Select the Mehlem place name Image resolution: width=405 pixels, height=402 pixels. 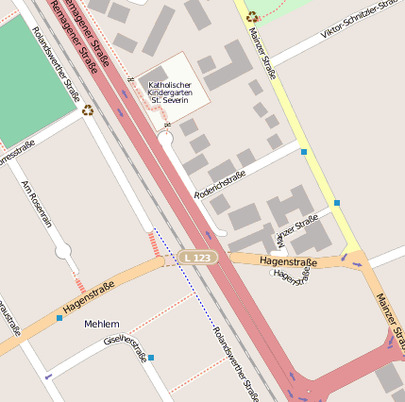point(102,324)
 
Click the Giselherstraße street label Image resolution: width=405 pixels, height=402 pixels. point(127,349)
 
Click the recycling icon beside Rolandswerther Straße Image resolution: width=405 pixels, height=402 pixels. point(88,110)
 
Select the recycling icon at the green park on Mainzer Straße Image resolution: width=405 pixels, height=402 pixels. point(252,16)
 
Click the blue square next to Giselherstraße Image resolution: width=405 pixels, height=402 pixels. point(151,358)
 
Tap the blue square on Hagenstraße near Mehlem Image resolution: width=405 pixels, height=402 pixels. point(59,318)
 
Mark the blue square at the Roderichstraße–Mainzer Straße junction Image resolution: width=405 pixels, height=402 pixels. point(304,151)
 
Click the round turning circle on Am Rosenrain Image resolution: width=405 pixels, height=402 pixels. point(63,251)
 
